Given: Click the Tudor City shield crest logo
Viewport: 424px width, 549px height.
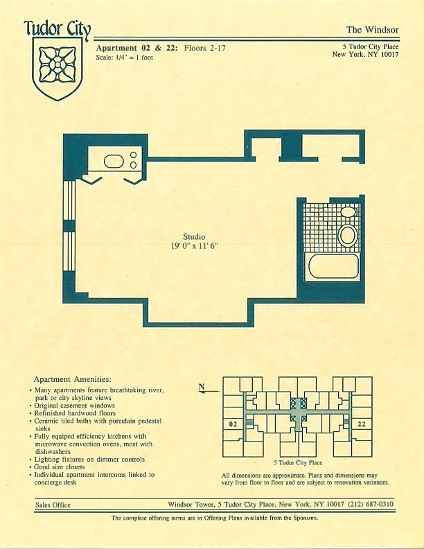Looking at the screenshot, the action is point(58,67).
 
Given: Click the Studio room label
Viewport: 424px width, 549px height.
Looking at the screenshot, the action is point(194,236).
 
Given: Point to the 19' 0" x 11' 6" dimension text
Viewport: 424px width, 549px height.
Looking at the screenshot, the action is point(194,246).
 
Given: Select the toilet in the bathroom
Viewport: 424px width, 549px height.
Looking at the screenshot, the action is point(347,235).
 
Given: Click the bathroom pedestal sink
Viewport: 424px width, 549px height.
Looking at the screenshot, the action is point(348,212).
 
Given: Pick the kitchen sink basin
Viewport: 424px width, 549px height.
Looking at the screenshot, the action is point(114,162).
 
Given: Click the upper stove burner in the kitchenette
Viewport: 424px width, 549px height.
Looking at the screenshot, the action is point(133,155).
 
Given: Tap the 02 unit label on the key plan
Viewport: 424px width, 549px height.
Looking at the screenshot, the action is point(233,424).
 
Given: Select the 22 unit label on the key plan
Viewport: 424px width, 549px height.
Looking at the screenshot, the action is point(362,424).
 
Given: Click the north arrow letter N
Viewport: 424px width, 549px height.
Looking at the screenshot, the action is point(201,387).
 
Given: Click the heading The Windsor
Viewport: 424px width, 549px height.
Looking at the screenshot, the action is point(372,30).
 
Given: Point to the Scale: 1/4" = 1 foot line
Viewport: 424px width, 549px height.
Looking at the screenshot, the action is point(124,58).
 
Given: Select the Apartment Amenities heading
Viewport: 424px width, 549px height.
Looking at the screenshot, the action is point(73,379).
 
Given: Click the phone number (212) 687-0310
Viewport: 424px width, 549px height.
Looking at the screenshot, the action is point(371,504).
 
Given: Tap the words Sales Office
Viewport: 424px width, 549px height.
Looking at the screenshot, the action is point(53,505).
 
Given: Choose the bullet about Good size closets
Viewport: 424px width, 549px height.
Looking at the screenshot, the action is point(59,467).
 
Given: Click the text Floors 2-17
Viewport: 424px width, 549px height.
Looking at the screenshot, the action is point(204,48).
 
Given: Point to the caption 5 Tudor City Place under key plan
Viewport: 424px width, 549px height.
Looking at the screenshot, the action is point(298,462).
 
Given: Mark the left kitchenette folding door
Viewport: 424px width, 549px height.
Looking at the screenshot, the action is point(91,180).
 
